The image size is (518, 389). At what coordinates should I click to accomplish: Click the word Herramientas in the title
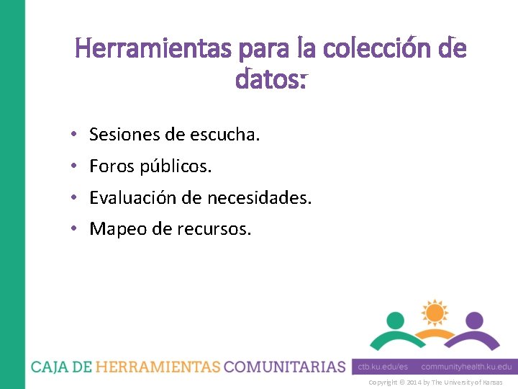pyautogui.click(x=153, y=49)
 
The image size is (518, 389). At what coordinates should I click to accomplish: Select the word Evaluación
pyautogui.click(x=134, y=197)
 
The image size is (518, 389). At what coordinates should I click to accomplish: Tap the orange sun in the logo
pyautogui.click(x=434, y=313)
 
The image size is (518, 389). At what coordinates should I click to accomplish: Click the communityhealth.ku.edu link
pyautogui.click(x=466, y=367)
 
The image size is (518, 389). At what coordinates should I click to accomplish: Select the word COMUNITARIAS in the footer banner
pyautogui.click(x=285, y=367)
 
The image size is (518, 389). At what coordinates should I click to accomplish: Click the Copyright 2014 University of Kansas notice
pyautogui.click(x=435, y=383)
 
